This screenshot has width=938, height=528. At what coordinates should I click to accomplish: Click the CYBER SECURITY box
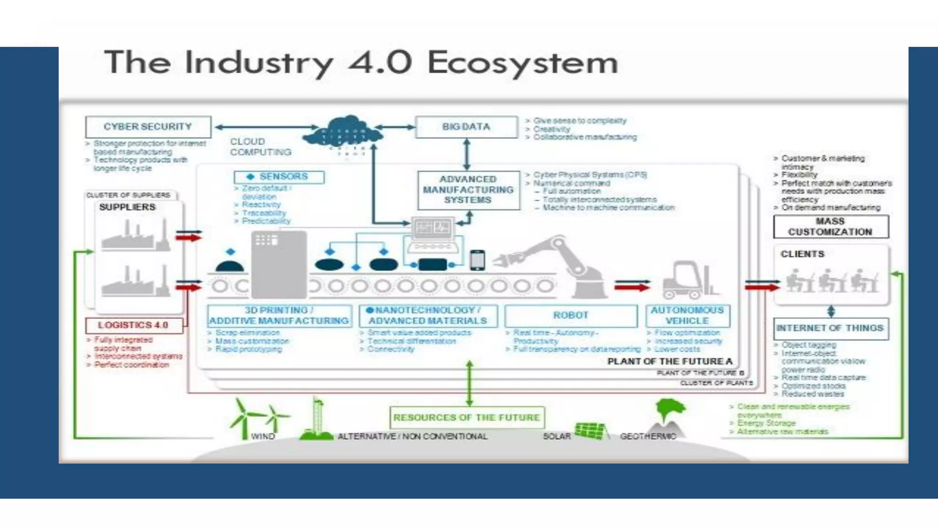(148, 127)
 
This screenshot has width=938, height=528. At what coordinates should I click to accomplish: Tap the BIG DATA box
(466, 127)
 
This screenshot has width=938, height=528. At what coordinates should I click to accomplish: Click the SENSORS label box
(279, 177)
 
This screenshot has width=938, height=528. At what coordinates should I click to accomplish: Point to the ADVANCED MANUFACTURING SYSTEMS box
(468, 190)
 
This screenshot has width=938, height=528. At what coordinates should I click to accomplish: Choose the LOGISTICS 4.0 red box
(134, 325)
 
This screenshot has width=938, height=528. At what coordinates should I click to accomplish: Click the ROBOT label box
(571, 316)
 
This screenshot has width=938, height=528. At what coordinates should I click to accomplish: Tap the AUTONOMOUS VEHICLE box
(687, 316)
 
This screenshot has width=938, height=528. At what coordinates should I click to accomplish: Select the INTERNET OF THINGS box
(830, 328)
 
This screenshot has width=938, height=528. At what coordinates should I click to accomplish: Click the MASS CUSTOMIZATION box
(830, 227)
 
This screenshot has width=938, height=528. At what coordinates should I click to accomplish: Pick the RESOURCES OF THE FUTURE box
(467, 418)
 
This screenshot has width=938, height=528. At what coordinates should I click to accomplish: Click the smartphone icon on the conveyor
(477, 260)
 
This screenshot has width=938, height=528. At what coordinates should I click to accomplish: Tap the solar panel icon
(591, 431)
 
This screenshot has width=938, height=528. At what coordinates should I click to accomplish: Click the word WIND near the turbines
(263, 436)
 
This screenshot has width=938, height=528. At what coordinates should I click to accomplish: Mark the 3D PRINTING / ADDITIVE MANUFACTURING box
(279, 316)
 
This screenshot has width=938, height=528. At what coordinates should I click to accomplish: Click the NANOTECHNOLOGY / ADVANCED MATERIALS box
(428, 316)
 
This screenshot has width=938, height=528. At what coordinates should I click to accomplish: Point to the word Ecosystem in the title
(523, 63)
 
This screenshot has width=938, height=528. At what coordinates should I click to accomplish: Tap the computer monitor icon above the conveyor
(431, 228)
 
